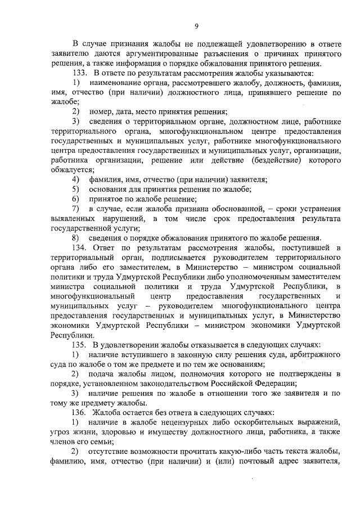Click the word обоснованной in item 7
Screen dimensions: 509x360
(209, 209)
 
